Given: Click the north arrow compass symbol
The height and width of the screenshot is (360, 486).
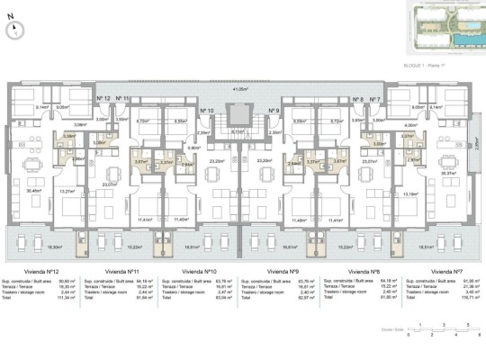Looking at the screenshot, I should pos(16,28).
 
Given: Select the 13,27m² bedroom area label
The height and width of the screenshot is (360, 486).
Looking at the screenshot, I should pos(67,191).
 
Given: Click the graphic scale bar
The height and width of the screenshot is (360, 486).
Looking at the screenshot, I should pos(441,328).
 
